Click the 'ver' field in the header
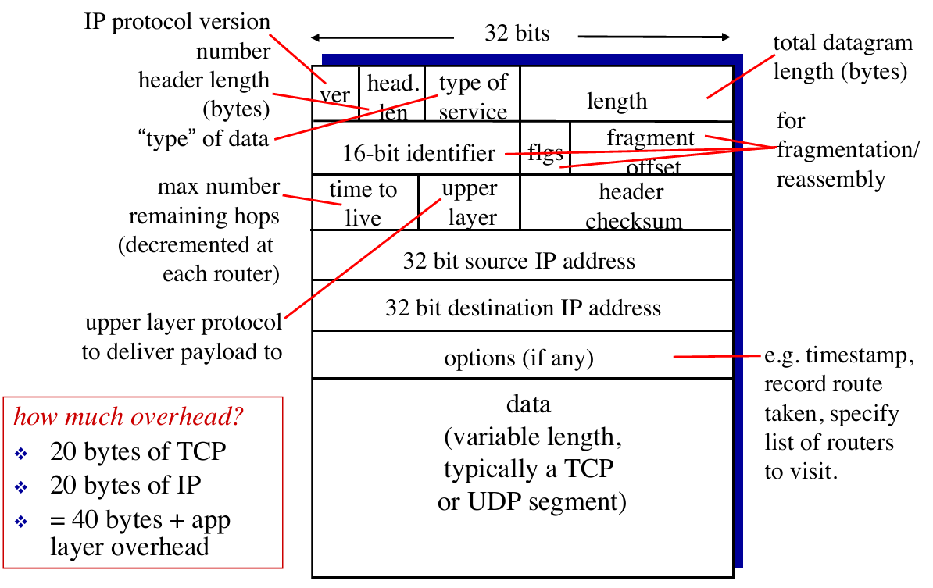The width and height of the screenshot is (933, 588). tap(335, 94)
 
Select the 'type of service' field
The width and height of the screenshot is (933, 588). tap(473, 96)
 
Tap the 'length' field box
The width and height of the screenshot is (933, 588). tap(617, 100)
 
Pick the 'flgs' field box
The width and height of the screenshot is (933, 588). tap(545, 152)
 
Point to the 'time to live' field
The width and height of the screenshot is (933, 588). tap(363, 203)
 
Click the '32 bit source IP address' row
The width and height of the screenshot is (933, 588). tap(519, 260)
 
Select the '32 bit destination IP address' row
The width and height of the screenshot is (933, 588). tap(523, 307)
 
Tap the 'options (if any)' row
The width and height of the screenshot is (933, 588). tap(519, 358)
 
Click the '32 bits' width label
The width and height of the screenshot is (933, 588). tap(517, 33)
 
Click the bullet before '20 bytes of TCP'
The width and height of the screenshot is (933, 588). tap(21, 453)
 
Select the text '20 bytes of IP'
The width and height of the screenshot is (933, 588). tap(125, 485)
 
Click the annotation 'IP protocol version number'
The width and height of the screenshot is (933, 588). tap(177, 36)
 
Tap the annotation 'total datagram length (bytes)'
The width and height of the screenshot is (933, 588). tap(842, 57)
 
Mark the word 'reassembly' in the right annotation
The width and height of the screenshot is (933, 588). tap(831, 180)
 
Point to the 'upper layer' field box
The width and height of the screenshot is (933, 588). tap(469, 203)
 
